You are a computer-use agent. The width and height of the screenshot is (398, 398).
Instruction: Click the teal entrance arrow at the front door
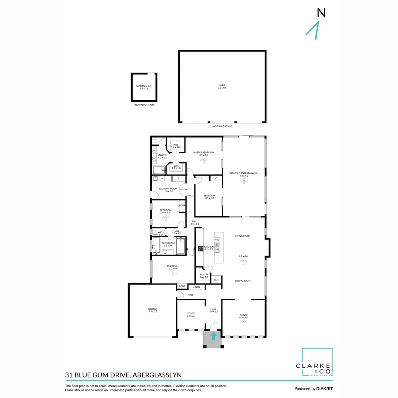coord(213,336)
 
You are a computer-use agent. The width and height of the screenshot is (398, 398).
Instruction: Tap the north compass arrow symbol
coord(314,30)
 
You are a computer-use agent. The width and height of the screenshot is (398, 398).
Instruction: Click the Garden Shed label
coord(143,86)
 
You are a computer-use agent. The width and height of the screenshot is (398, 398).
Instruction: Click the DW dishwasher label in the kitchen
coord(217,240)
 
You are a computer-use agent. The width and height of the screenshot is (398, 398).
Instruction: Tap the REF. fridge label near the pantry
coord(216,280)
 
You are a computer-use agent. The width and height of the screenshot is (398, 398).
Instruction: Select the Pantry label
coord(204,274)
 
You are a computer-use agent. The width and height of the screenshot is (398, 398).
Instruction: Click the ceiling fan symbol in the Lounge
coord(243,322)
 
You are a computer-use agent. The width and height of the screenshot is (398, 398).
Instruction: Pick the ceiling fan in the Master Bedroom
coord(204,160)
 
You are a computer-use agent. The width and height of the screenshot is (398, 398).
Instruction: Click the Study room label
coord(191,313)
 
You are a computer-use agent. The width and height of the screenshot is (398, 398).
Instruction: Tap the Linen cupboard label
coord(196,287)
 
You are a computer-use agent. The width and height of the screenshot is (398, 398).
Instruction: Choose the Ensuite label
coord(162,155)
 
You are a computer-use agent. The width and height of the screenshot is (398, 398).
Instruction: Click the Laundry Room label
coord(168,189)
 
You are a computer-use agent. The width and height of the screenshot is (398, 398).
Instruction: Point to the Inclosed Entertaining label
coord(243,173)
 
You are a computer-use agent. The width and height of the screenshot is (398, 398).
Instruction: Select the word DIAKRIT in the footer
coord(325,388)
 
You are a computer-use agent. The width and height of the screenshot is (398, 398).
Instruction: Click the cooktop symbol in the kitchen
coord(201,249)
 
